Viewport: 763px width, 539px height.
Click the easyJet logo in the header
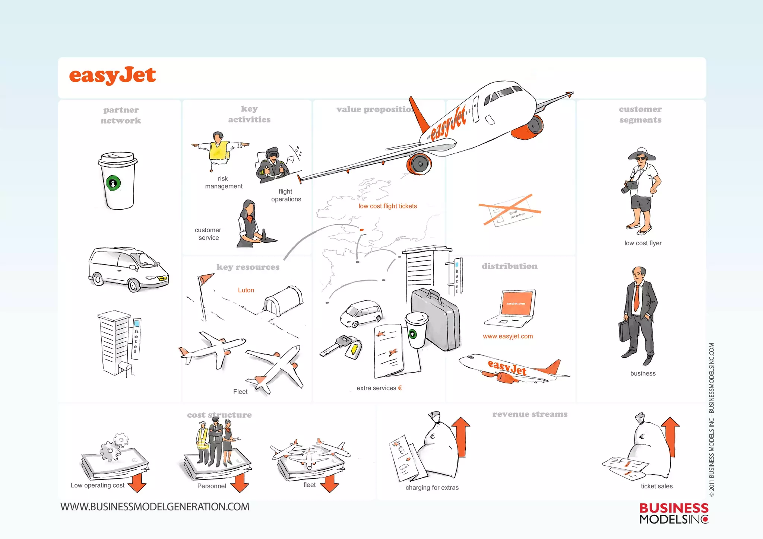(x=112, y=75)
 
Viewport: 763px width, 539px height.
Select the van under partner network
(x=128, y=269)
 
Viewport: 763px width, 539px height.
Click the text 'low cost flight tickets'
(x=387, y=206)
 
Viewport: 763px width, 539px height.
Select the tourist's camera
(x=629, y=186)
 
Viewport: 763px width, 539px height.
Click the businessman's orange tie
(x=637, y=298)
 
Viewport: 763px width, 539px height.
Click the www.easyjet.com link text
(x=507, y=337)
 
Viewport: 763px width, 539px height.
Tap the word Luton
(x=246, y=290)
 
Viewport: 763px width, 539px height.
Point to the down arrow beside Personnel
(x=239, y=483)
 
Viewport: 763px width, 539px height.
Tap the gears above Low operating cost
(x=114, y=447)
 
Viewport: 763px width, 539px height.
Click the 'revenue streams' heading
(x=530, y=414)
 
